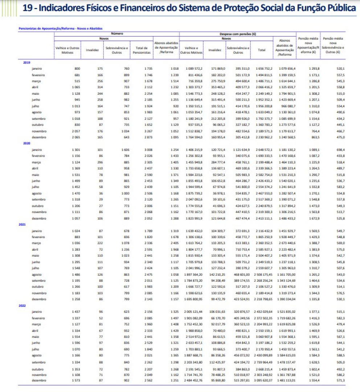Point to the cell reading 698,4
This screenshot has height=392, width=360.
click(341, 150)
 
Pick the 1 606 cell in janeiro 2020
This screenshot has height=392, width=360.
click(123, 150)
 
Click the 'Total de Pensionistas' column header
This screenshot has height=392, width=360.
click(141, 50)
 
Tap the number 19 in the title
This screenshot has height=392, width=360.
click(27, 8)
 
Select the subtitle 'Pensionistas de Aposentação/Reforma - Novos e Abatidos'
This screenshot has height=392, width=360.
click(60, 28)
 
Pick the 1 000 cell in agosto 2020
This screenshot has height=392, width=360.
click(123, 194)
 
